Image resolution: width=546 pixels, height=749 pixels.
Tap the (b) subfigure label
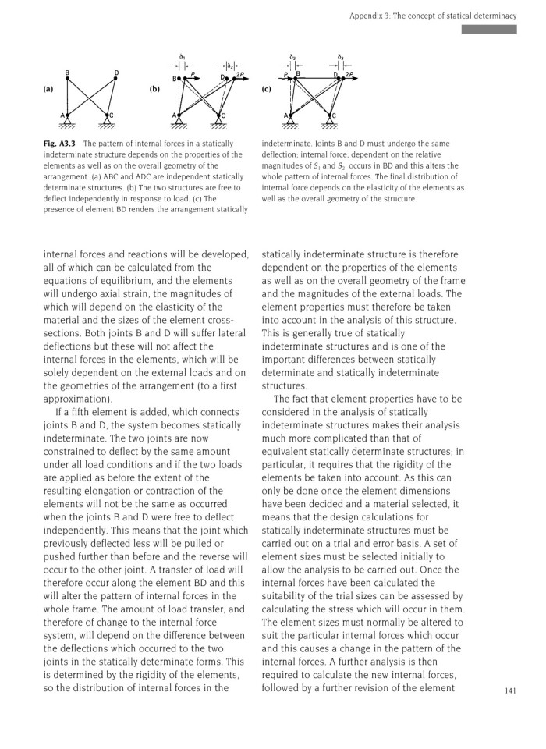(x=154, y=89)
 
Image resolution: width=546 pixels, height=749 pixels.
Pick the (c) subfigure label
(x=266, y=89)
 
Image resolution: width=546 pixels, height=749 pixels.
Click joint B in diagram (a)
(x=67, y=73)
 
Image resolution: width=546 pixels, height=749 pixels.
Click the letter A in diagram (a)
(x=62, y=115)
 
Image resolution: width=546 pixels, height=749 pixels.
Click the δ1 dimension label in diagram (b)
(x=182, y=56)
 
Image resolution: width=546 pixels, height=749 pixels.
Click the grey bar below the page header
(x=489, y=30)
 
